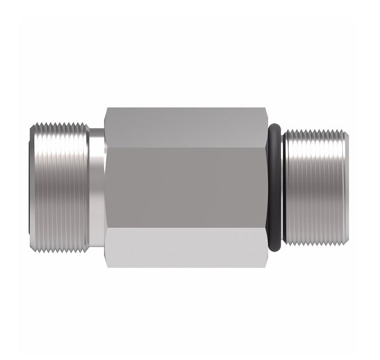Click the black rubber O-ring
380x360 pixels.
pyautogui.click(x=274, y=186)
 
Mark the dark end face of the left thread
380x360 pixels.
pyautogui.click(x=30, y=186)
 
